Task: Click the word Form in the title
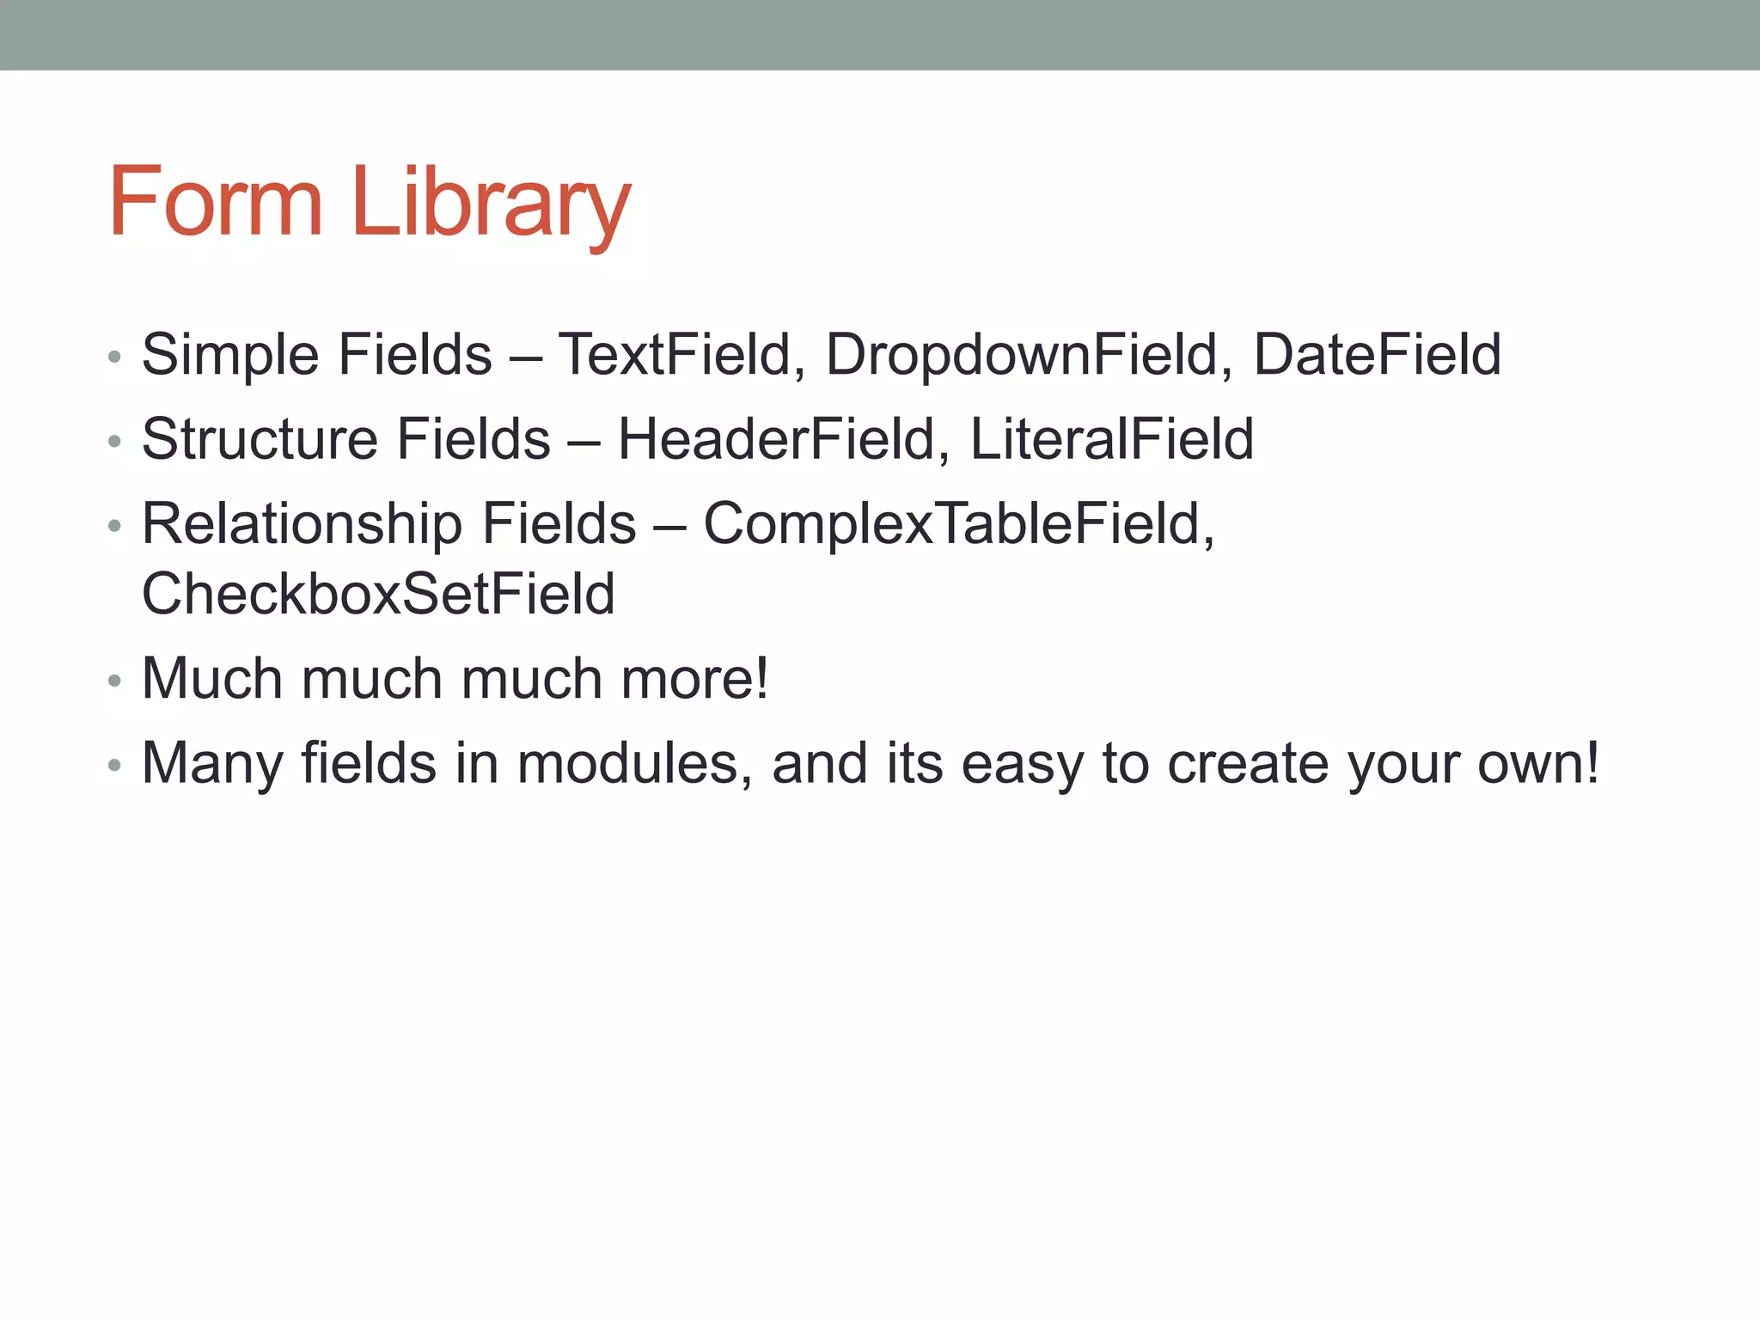coord(215,202)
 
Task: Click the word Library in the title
coord(491,204)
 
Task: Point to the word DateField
coord(1377,354)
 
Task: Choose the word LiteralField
coord(1111,438)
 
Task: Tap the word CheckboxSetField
coord(378,594)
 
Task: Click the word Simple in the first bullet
coord(231,354)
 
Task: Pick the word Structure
coord(260,438)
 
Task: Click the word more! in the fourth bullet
coord(694,678)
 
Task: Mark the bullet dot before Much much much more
coord(114,681)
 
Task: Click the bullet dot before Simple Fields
coord(114,357)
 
